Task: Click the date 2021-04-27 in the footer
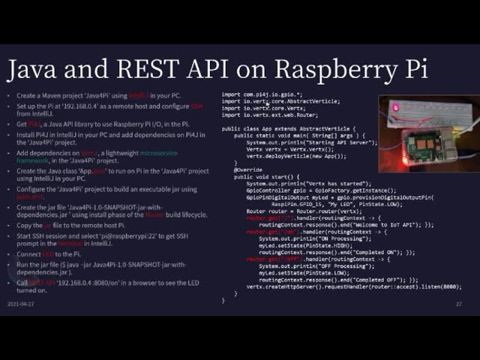(20, 304)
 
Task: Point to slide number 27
(458, 304)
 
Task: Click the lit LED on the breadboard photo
(396, 108)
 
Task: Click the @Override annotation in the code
(248, 169)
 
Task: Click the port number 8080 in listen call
(448, 286)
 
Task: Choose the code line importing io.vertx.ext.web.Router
(270, 115)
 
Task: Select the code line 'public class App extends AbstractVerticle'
(285, 128)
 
